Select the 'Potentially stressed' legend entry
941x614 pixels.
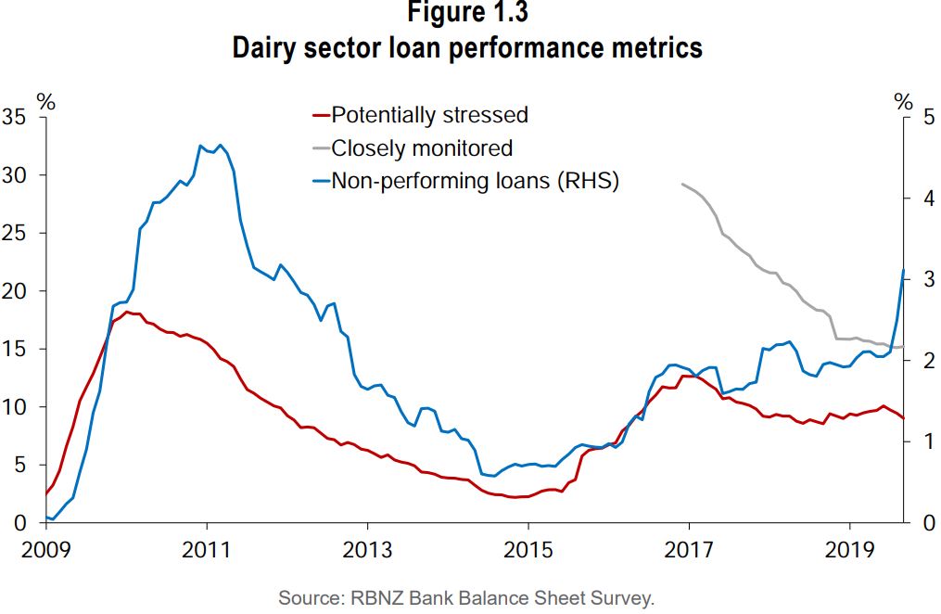pyautogui.click(x=429, y=115)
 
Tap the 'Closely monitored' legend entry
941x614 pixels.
pyautogui.click(x=422, y=147)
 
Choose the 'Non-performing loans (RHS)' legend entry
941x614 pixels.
pyautogui.click(x=475, y=181)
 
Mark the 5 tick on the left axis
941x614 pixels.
pyautogui.click(x=19, y=465)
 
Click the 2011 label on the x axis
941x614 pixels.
pyautogui.click(x=206, y=548)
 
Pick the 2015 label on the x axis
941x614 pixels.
pyautogui.click(x=528, y=548)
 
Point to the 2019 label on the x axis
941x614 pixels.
pyautogui.click(x=849, y=548)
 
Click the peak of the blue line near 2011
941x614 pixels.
pyautogui.click(x=199, y=146)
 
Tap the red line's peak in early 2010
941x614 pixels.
pyautogui.click(x=128, y=312)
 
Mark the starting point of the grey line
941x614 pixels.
pyautogui.click(x=682, y=184)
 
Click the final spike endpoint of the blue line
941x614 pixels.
pyautogui.click(x=904, y=270)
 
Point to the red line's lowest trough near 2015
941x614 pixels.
pyautogui.click(x=515, y=497)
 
